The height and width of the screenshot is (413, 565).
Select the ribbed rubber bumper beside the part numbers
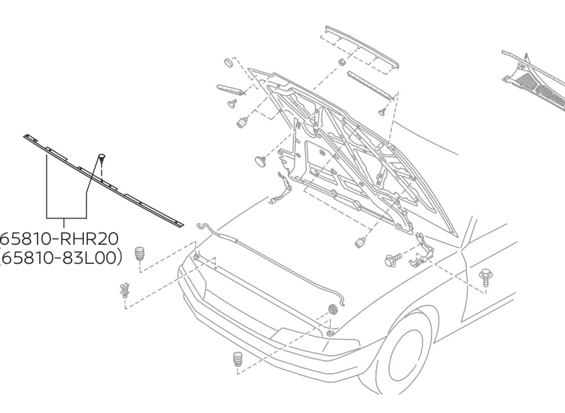(x=139, y=254)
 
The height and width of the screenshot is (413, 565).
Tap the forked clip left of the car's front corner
(x=124, y=290)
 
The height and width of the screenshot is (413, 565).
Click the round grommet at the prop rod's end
(x=333, y=309)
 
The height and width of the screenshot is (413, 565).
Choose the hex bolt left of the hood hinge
(x=392, y=259)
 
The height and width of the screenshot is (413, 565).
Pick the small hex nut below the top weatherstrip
(x=342, y=62)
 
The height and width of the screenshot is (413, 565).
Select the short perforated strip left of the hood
(x=231, y=90)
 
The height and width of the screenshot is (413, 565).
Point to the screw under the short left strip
(x=234, y=104)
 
